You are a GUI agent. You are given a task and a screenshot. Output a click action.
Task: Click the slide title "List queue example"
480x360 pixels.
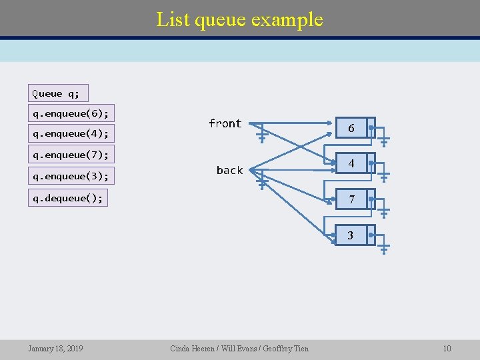[x=239, y=19]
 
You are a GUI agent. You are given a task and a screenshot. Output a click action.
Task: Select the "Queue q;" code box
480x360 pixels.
[x=58, y=93]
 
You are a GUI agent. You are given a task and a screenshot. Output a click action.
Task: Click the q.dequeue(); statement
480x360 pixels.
[x=69, y=198]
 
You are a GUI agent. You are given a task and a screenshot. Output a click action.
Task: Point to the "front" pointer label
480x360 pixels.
[x=225, y=123]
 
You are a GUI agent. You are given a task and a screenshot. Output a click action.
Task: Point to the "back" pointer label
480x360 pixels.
[x=229, y=171]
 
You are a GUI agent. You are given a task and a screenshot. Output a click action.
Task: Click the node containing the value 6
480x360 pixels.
[x=351, y=128]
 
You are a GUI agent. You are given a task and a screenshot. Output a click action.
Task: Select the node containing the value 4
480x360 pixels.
[x=351, y=163]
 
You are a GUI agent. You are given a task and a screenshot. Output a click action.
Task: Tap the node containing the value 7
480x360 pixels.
[x=351, y=199]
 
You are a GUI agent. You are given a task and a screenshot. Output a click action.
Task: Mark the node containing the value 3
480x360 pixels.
[x=351, y=235]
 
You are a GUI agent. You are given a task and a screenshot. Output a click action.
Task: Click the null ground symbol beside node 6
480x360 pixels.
[x=385, y=141]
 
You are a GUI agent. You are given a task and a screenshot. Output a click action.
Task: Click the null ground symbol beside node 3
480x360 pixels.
[x=385, y=249]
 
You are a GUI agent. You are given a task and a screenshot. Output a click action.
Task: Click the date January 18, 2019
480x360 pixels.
[x=55, y=348]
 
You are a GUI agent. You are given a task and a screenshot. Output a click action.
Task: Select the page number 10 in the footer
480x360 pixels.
[x=447, y=348]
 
